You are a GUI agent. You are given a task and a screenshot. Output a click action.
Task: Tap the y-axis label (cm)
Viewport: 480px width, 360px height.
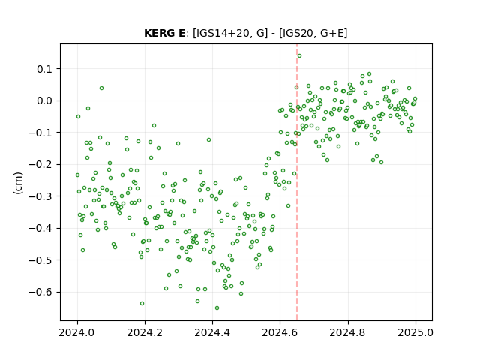(18, 183)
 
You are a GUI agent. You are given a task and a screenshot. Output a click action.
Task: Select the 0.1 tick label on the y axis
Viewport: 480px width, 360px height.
(45, 69)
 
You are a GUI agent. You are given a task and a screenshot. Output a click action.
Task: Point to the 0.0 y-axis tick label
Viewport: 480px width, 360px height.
(45, 101)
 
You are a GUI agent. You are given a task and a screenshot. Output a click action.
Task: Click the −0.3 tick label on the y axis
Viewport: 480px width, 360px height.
(41, 196)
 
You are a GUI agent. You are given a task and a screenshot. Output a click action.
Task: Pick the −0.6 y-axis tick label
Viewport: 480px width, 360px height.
(41, 292)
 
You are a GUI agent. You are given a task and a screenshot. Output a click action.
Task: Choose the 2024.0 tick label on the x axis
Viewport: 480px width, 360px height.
(77, 332)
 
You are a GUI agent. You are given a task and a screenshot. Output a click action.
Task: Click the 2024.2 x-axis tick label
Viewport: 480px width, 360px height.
(145, 332)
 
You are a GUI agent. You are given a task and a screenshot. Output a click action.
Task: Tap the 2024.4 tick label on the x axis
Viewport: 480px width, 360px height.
(212, 332)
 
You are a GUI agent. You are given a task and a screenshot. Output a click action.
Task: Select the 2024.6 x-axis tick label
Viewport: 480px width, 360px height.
(280, 332)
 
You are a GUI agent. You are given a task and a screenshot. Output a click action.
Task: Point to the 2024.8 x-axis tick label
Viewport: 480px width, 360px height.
(347, 332)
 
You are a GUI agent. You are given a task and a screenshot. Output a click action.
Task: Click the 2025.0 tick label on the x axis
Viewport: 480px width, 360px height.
(415, 332)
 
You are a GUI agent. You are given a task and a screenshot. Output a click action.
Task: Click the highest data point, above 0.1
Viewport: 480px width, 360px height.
(300, 55)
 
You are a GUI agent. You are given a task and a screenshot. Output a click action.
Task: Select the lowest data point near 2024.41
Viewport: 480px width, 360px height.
(217, 308)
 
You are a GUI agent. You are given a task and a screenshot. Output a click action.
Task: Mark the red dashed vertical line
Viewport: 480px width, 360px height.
(297, 182)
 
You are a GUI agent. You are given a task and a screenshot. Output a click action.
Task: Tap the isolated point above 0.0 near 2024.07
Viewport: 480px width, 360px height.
(102, 88)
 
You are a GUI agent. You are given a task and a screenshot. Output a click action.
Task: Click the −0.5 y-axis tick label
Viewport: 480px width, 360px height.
(41, 260)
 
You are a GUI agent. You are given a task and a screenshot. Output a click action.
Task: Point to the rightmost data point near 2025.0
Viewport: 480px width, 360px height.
(415, 98)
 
